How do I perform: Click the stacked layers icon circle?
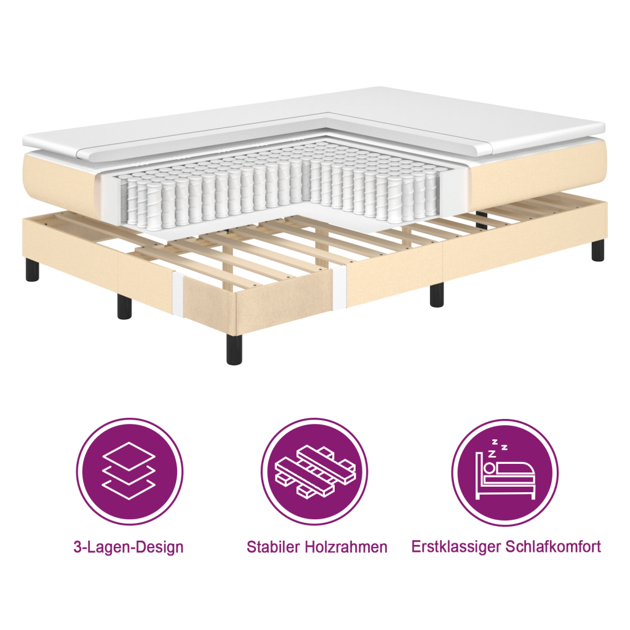(129, 472)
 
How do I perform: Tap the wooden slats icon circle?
(314, 472)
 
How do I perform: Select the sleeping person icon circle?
(504, 472)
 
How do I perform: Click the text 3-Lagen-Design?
(129, 547)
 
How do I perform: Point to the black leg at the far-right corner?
(597, 249)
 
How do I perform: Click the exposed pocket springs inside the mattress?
(277, 191)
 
